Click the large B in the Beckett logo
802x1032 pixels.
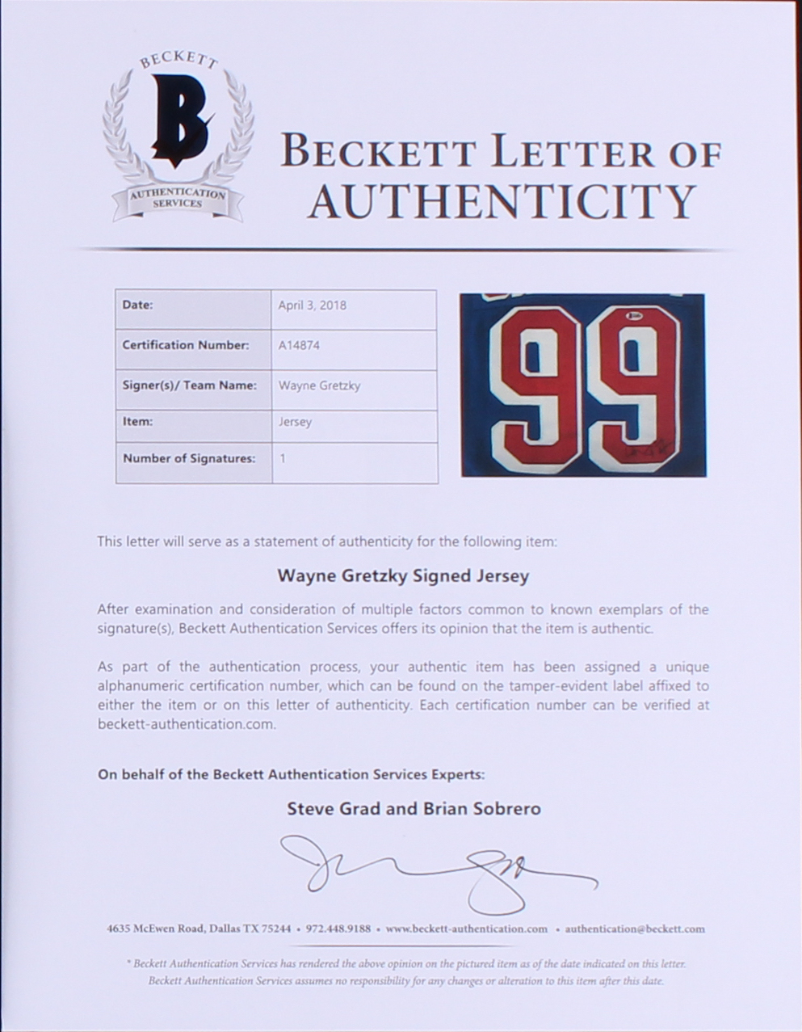(x=178, y=120)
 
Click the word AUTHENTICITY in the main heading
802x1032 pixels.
(x=501, y=201)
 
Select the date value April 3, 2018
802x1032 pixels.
(x=312, y=305)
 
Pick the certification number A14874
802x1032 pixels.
(x=299, y=345)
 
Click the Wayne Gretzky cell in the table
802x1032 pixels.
(x=319, y=385)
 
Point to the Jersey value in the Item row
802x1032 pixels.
(x=295, y=422)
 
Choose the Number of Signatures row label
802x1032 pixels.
(x=188, y=459)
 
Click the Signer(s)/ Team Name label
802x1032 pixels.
(x=189, y=385)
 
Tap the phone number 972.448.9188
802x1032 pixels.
(x=338, y=929)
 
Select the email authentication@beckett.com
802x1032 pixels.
(x=635, y=929)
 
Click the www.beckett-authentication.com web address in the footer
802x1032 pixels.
(x=467, y=929)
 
